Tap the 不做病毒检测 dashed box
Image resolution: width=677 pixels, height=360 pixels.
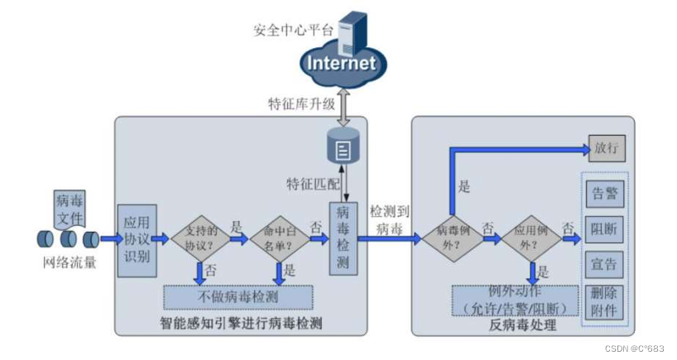point(238,296)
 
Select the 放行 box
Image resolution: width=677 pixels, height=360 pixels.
point(607,149)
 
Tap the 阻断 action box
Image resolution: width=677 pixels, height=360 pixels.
point(607,228)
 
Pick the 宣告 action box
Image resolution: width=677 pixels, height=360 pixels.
point(607,264)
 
